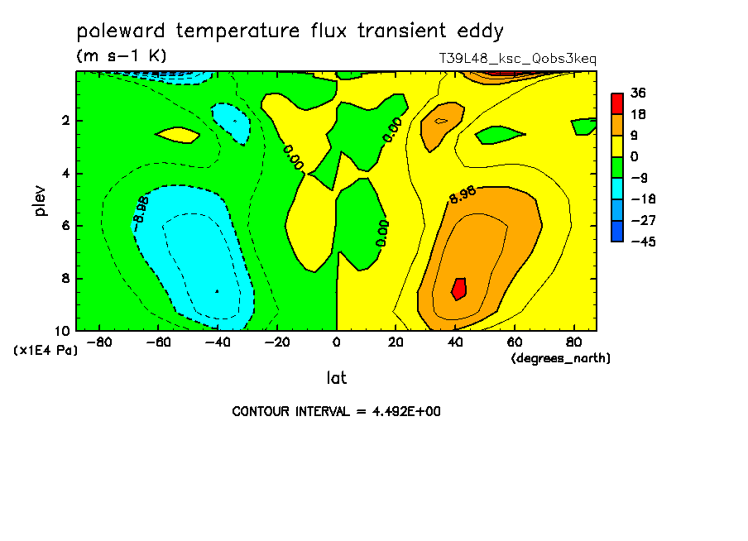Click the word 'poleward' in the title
(x=121, y=31)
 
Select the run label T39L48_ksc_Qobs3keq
(x=518, y=59)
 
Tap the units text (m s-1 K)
(x=122, y=55)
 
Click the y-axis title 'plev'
(x=40, y=201)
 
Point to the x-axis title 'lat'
(x=336, y=378)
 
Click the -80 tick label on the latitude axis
(x=99, y=342)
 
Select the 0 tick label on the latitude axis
(x=336, y=342)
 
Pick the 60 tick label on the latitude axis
(x=515, y=342)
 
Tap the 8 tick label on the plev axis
(x=65, y=278)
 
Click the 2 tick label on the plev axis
(x=65, y=121)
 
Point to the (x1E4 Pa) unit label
(x=46, y=351)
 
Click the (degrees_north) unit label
(x=560, y=358)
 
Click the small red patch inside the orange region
(x=459, y=289)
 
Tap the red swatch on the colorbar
(x=617, y=103)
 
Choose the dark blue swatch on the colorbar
(x=617, y=231)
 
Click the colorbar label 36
(x=638, y=93)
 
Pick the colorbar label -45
(x=643, y=242)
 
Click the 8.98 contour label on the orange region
(x=463, y=194)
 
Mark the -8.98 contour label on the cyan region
(x=141, y=209)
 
